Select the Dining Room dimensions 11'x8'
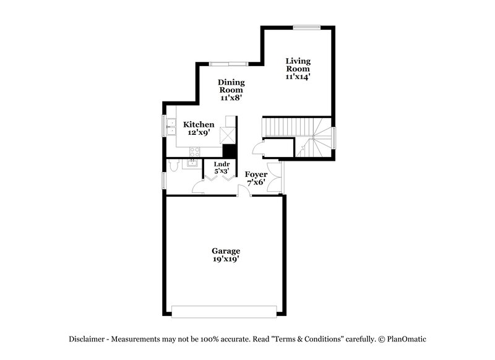tap(230, 98)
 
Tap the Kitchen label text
tap(199, 124)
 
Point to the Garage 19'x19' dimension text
tap(226, 259)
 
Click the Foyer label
tap(256, 174)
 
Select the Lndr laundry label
tap(221, 165)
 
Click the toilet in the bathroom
tap(174, 166)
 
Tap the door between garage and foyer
tap(244, 191)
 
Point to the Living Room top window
tap(306, 27)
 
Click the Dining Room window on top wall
tap(229, 63)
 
